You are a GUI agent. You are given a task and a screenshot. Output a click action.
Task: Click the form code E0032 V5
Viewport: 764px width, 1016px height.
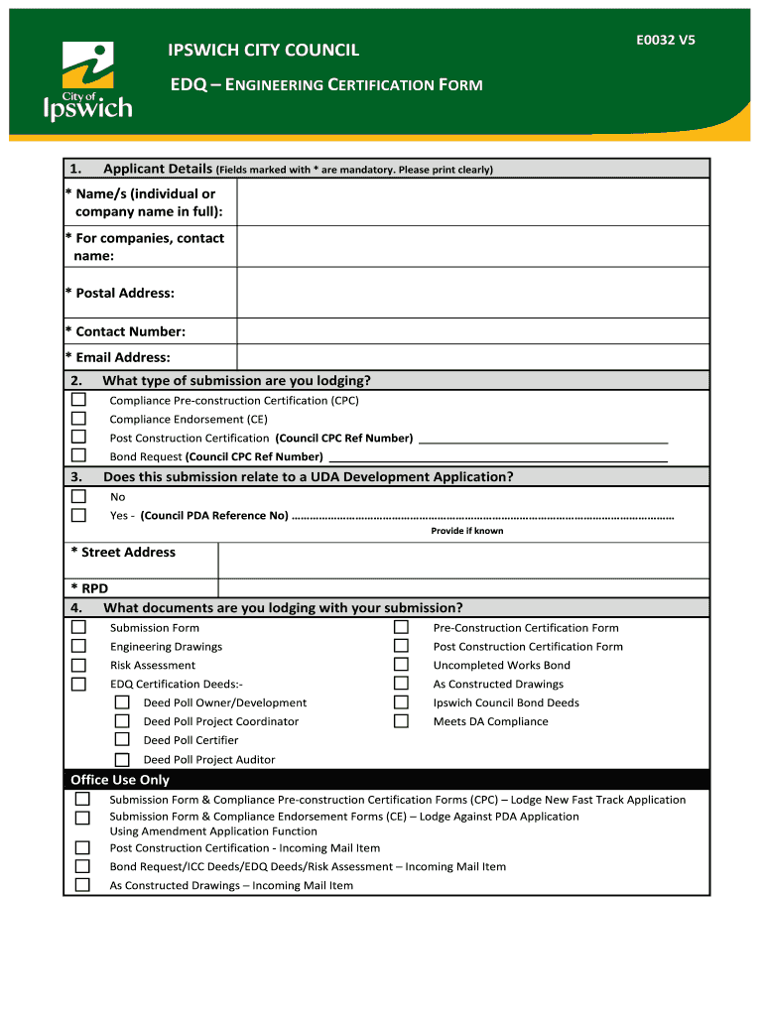pyautogui.click(x=666, y=41)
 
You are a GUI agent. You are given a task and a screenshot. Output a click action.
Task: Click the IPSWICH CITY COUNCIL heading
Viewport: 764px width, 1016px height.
pyautogui.click(x=263, y=50)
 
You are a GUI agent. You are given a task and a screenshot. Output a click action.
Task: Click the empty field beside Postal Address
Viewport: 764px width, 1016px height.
pyautogui.click(x=472, y=293)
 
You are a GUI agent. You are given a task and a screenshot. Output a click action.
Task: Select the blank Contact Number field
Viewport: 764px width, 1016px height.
pyautogui.click(x=472, y=331)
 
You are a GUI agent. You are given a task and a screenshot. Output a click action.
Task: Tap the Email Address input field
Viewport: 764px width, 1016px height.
pyautogui.click(x=472, y=357)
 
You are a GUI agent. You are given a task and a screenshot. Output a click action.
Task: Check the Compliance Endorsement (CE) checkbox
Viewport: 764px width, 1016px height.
pyautogui.click(x=78, y=419)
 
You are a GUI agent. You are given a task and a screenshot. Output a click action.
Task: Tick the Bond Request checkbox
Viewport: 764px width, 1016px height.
pyautogui.click(x=78, y=455)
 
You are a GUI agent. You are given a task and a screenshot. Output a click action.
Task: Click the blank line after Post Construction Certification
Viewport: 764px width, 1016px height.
pyautogui.click(x=543, y=439)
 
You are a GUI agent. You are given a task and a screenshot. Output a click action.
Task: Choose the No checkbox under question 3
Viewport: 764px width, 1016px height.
pyautogui.click(x=78, y=496)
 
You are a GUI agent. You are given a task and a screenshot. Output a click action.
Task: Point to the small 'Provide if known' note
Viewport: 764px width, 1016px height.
pyautogui.click(x=466, y=531)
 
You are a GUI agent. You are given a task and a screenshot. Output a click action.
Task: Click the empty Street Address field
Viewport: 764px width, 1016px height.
pyautogui.click(x=462, y=561)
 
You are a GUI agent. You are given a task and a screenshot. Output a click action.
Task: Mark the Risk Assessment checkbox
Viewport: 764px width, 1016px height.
pyautogui.click(x=78, y=665)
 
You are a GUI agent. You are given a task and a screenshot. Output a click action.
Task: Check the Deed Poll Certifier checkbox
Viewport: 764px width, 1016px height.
pyautogui.click(x=122, y=739)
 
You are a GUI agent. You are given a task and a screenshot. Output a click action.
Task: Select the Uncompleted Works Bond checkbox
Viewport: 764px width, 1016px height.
pyautogui.click(x=401, y=665)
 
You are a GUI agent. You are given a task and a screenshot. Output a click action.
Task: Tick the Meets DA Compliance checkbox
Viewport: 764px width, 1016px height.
pyautogui.click(x=401, y=721)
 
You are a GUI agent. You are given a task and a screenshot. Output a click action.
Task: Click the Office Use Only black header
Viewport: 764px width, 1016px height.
pyautogui.click(x=386, y=780)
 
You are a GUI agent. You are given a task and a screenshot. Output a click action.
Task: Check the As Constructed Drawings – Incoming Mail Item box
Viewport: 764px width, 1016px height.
pyautogui.click(x=82, y=885)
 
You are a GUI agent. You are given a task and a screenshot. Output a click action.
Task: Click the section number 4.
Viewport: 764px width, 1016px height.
pyautogui.click(x=76, y=608)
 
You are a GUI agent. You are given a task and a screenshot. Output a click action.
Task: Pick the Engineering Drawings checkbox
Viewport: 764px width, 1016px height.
pyautogui.click(x=78, y=646)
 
